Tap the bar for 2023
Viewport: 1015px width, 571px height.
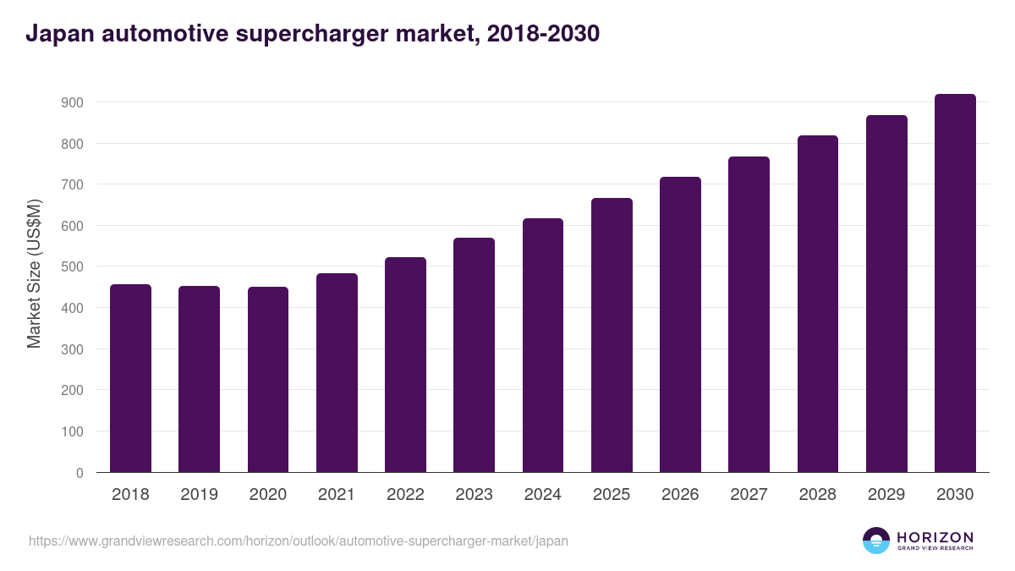[x=474, y=355]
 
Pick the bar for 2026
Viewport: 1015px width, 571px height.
[x=680, y=325]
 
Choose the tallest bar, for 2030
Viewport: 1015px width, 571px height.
[x=955, y=283]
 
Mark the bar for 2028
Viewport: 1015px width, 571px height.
[x=817, y=304]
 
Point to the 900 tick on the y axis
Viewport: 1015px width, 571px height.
[x=72, y=102]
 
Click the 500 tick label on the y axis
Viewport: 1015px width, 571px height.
[x=72, y=266]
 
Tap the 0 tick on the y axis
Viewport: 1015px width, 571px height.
[x=80, y=473]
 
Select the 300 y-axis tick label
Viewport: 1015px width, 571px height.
[x=72, y=349]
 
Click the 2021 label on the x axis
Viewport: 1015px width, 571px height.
[x=337, y=495]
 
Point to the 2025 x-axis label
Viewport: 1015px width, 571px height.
[x=612, y=495]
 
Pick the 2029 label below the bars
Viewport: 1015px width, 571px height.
[x=886, y=495]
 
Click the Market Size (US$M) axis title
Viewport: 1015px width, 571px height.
[x=34, y=273]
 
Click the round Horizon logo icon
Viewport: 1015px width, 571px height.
[x=876, y=541]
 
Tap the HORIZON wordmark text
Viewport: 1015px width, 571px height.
[x=935, y=537]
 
